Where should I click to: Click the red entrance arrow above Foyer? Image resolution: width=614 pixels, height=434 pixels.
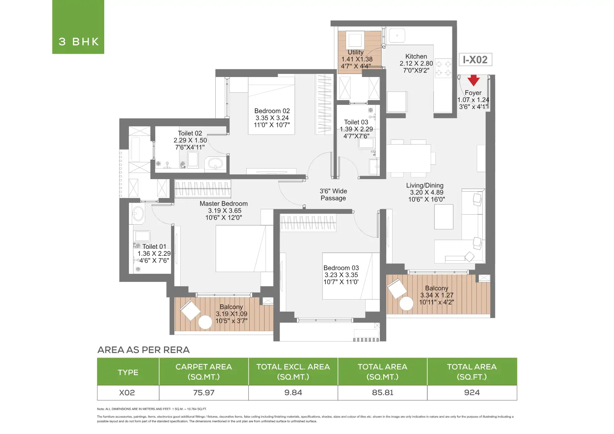(473, 80)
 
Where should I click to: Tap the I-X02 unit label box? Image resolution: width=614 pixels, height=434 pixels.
(475, 59)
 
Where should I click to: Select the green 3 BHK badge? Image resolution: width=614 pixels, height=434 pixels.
(78, 27)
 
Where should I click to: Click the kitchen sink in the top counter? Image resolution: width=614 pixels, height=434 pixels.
(397, 35)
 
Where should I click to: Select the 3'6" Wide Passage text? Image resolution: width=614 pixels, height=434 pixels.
(333, 195)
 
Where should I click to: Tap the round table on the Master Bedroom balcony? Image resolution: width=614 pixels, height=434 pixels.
(205, 322)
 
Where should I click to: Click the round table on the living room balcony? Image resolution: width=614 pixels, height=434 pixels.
(406, 304)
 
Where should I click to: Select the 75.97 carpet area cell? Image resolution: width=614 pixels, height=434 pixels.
(204, 393)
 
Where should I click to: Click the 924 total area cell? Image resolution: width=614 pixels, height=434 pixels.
(472, 393)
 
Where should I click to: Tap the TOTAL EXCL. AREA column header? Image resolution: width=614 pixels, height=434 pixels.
(293, 372)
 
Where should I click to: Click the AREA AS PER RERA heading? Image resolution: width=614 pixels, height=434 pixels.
(143, 350)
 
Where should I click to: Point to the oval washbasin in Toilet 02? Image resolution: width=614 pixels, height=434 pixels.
(216, 163)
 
